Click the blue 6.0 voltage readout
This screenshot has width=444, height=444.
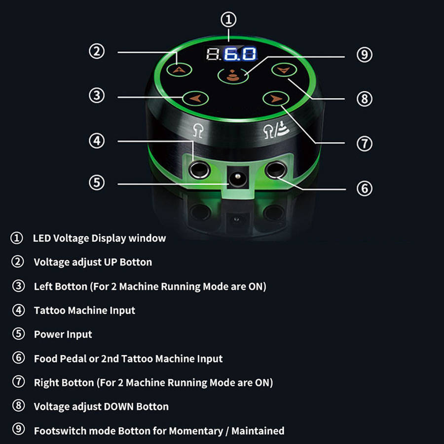click(x=240, y=54)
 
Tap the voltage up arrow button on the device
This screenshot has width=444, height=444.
click(x=179, y=70)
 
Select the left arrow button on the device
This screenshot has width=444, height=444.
click(x=195, y=99)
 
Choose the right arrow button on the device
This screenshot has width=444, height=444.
click(x=276, y=99)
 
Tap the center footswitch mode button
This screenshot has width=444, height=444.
click(x=233, y=76)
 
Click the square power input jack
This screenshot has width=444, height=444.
click(x=238, y=178)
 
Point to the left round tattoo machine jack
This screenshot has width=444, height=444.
click(x=199, y=170)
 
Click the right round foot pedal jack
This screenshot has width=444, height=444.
click(x=276, y=170)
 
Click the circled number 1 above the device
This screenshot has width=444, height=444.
click(x=228, y=20)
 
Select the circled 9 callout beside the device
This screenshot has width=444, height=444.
click(x=365, y=55)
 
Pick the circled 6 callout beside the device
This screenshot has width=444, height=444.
click(x=365, y=188)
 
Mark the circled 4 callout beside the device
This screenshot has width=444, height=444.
click(x=97, y=141)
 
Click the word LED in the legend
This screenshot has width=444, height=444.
click(x=41, y=238)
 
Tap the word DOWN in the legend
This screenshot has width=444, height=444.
click(x=119, y=407)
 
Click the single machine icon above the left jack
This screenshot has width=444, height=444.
click(x=198, y=131)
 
